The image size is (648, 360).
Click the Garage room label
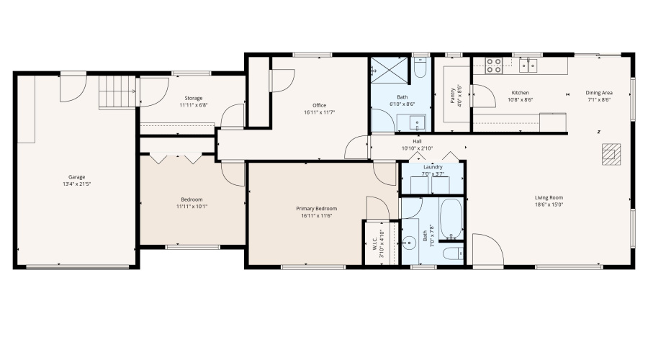pyautogui.click(x=77, y=176)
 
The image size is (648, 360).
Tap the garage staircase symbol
pyautogui.click(x=117, y=92)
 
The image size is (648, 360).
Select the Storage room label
pyautogui.click(x=193, y=98)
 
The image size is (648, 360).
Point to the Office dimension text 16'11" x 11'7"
pyautogui.click(x=319, y=112)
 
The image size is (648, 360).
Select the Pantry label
pyautogui.click(x=453, y=95)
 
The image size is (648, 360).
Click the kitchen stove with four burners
pyautogui.click(x=494, y=66)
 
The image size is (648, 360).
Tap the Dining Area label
pyautogui.click(x=598, y=93)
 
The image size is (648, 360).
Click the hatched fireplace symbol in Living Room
pyautogui.click(x=611, y=154)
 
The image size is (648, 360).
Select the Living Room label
pyautogui.click(x=549, y=197)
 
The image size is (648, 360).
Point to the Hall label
pyautogui.click(x=417, y=141)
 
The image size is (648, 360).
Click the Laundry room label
pyautogui.click(x=433, y=167)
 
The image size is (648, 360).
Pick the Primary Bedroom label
pyautogui.click(x=316, y=209)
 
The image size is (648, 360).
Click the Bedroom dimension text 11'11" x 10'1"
pyautogui.click(x=192, y=206)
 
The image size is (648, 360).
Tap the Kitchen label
pyautogui.click(x=521, y=93)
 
